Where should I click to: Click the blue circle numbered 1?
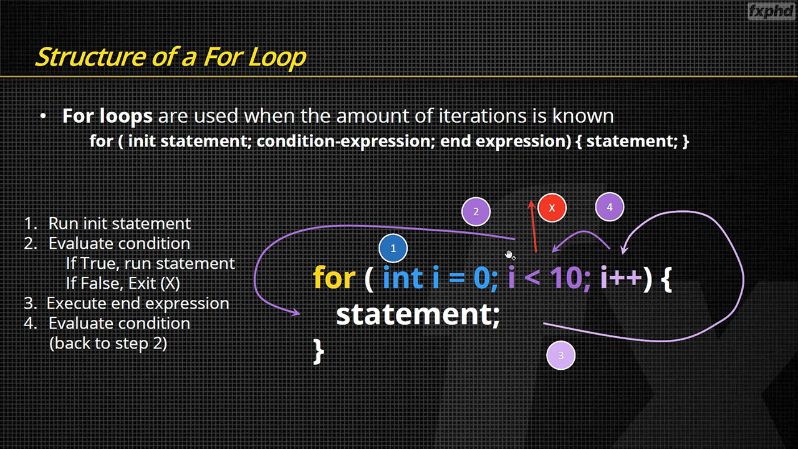click(x=393, y=248)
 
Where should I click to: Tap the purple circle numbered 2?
click(x=476, y=211)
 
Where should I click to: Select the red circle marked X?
click(x=552, y=208)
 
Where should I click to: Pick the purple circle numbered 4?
click(x=610, y=207)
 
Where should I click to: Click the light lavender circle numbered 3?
click(x=560, y=355)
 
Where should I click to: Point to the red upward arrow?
click(x=533, y=226)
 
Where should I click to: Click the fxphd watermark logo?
click(x=771, y=11)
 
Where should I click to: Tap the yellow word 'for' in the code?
click(x=334, y=278)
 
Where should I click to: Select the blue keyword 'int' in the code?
click(x=403, y=278)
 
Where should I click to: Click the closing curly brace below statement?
click(x=319, y=351)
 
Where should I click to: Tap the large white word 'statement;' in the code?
click(x=418, y=315)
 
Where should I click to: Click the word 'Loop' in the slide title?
click(x=277, y=57)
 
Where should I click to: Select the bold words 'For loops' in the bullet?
click(x=108, y=116)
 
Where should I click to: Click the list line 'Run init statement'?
click(x=120, y=223)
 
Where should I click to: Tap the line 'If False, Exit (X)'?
click(x=123, y=283)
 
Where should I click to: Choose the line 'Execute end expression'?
click(x=138, y=304)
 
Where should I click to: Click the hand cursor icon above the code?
click(x=509, y=255)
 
